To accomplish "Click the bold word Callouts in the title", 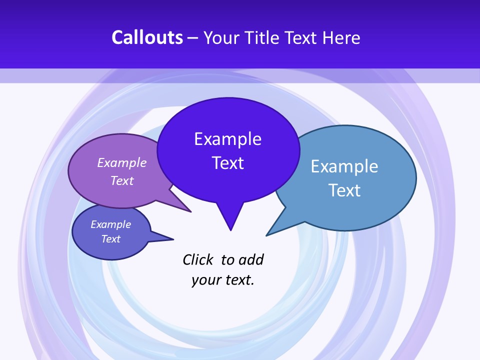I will click(x=147, y=37).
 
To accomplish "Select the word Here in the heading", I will click(x=341, y=37).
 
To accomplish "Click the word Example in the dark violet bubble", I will click(x=227, y=138).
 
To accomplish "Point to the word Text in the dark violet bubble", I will click(x=227, y=162).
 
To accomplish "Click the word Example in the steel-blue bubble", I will click(x=344, y=166).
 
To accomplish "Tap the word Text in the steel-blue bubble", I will click(x=344, y=190).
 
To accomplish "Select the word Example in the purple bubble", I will click(x=122, y=162).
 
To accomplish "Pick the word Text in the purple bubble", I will click(x=122, y=180).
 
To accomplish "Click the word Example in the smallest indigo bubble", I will click(x=110, y=224).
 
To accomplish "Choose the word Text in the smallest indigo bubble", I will click(x=110, y=239).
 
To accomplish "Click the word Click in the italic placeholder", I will click(x=198, y=259).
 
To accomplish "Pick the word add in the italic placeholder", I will click(x=250, y=259).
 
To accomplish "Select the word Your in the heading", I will click(x=222, y=37).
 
